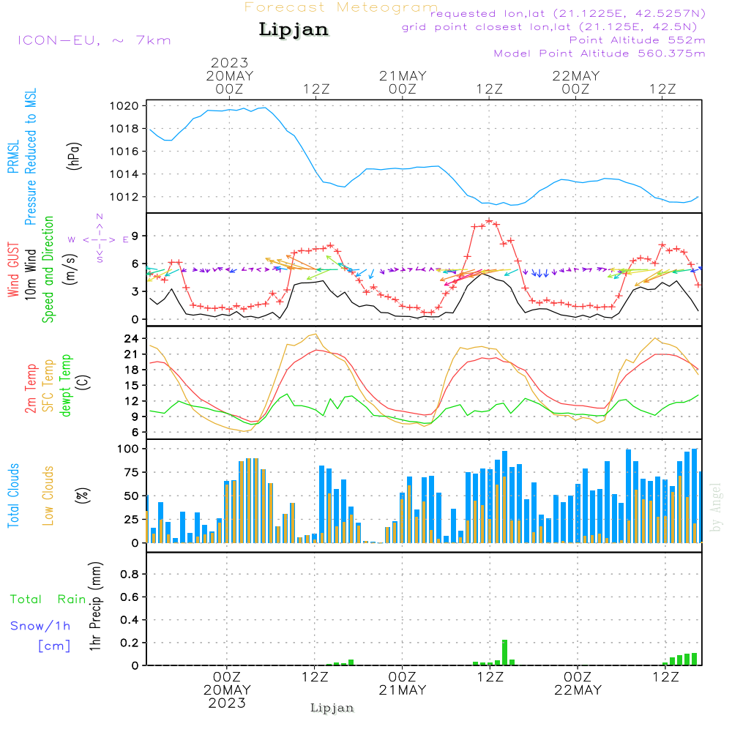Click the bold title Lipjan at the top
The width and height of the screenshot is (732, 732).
click(x=294, y=30)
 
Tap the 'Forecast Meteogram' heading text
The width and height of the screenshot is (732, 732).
click(x=341, y=7)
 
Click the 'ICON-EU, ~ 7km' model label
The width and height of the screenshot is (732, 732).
click(x=94, y=40)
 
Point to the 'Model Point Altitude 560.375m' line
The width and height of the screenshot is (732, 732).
click(x=600, y=53)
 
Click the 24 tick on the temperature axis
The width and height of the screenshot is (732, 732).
click(x=132, y=339)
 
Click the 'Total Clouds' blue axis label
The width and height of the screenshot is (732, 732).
click(x=14, y=496)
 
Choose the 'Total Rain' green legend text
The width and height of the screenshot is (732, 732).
click(x=48, y=599)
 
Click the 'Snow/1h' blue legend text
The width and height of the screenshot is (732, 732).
click(x=40, y=626)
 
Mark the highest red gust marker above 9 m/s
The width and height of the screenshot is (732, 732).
click(x=489, y=220)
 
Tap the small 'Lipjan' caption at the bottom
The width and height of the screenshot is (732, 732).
click(x=332, y=708)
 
